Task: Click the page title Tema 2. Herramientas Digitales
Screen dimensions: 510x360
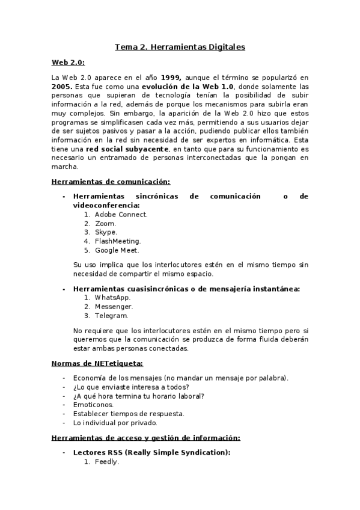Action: click(x=180, y=46)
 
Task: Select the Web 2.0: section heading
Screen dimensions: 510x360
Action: click(x=68, y=62)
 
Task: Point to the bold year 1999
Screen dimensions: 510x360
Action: click(x=171, y=78)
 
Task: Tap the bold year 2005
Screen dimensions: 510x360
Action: click(x=63, y=87)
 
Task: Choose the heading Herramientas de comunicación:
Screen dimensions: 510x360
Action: click(x=111, y=181)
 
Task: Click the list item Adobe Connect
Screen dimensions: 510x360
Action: click(x=121, y=214)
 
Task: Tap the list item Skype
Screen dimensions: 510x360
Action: click(x=106, y=232)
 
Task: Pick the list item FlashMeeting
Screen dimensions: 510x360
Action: click(x=118, y=241)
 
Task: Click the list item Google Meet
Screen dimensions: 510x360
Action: click(x=117, y=250)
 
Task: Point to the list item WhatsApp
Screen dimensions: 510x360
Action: click(x=112, y=298)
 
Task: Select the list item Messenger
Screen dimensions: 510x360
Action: click(x=114, y=307)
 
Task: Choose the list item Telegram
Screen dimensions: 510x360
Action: click(x=111, y=316)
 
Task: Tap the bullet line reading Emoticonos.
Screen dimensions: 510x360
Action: click(x=93, y=405)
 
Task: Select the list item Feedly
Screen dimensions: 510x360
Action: click(x=107, y=462)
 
